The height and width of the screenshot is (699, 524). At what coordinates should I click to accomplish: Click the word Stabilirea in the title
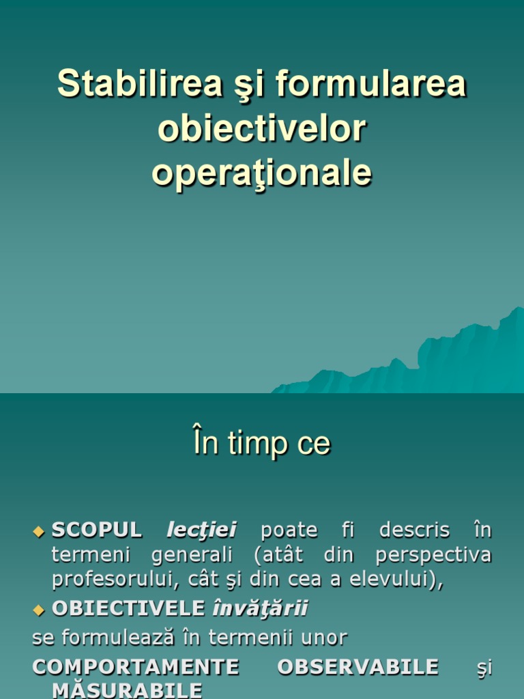[x=140, y=84]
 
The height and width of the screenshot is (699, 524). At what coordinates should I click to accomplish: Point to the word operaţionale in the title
[x=262, y=173]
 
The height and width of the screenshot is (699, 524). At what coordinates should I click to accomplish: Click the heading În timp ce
[x=262, y=444]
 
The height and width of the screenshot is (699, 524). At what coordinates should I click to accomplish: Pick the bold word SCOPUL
[x=97, y=530]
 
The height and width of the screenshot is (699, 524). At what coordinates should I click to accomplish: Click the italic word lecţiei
[x=201, y=530]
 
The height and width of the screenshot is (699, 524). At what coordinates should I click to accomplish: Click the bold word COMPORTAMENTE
[x=136, y=666]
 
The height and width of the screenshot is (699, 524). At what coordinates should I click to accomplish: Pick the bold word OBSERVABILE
[x=358, y=666]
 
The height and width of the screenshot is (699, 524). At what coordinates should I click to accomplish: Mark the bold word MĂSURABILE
[x=127, y=689]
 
